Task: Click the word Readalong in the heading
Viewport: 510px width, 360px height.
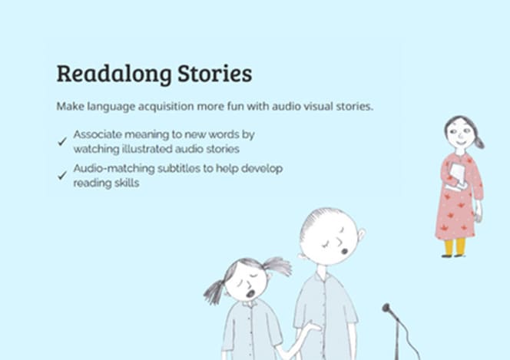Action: (114, 74)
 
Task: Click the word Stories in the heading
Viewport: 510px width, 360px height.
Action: (214, 73)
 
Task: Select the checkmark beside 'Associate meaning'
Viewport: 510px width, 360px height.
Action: (62, 141)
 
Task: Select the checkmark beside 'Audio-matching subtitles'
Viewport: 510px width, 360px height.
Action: (62, 176)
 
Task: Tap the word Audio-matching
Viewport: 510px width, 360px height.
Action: (114, 168)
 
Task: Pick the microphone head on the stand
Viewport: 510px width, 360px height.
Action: (386, 307)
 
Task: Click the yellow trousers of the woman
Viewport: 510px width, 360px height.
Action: (455, 247)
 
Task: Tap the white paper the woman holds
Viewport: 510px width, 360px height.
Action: (457, 176)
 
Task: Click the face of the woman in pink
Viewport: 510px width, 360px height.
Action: (459, 134)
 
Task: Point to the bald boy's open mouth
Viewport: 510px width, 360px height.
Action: (344, 251)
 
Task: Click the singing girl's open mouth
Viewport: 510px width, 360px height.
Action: (250, 294)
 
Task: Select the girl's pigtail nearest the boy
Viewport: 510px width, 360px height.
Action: (277, 266)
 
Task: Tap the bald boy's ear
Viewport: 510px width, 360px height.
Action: (361, 234)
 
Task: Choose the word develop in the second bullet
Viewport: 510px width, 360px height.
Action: (262, 169)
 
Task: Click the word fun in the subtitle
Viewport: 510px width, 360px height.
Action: (235, 106)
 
